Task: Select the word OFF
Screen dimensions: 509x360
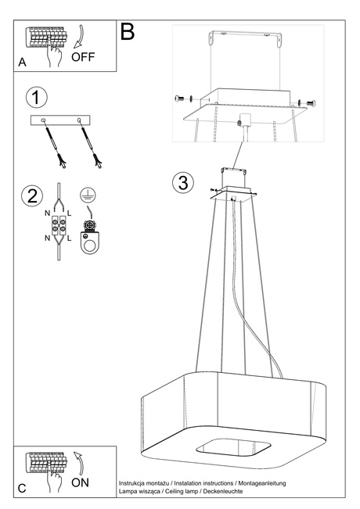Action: (x=85, y=58)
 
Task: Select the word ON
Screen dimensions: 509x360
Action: (x=81, y=482)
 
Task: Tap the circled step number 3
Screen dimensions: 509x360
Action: (x=182, y=183)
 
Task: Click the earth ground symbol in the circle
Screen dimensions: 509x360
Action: (x=89, y=195)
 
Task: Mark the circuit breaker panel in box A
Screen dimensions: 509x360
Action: (x=44, y=38)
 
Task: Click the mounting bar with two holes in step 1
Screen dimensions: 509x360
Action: (x=60, y=120)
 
